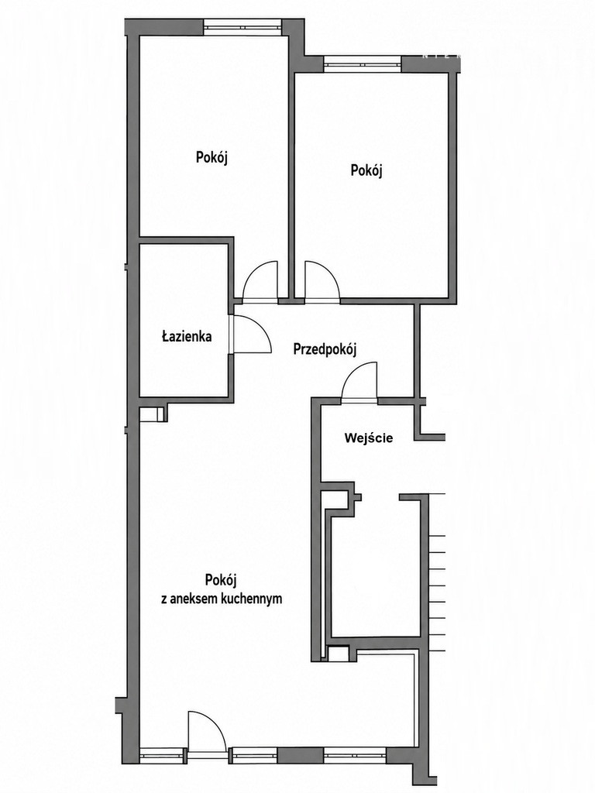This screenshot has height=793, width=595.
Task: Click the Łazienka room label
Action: pos(187,336)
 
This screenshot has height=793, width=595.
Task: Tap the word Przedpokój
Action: pos(325,349)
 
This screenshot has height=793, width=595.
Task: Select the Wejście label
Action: pos(368,438)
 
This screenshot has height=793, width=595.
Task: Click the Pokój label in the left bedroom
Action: pos(212,158)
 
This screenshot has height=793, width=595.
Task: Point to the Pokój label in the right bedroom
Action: pos(366,170)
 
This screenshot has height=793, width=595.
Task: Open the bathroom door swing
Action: pos(252,335)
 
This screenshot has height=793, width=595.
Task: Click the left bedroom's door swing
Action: pos(260,281)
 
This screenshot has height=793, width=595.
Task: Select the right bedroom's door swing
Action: pos(322,281)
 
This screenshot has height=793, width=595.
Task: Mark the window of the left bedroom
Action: pos(242,27)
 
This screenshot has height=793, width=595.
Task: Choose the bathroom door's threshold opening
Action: pos(231,335)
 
